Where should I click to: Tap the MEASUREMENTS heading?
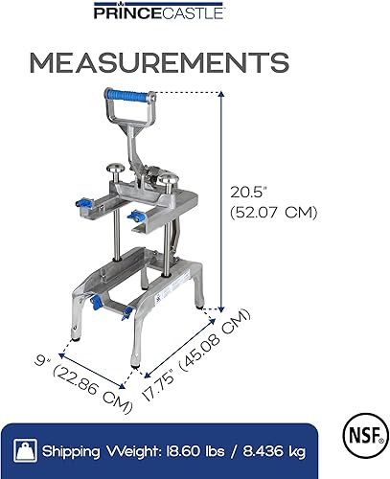coord(159,62)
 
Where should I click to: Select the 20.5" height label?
coord(249,193)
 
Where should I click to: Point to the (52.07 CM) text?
coord(274,213)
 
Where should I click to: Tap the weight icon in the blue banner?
coord(25,451)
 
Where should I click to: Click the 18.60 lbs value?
coord(195,451)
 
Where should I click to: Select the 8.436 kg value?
coord(274,452)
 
